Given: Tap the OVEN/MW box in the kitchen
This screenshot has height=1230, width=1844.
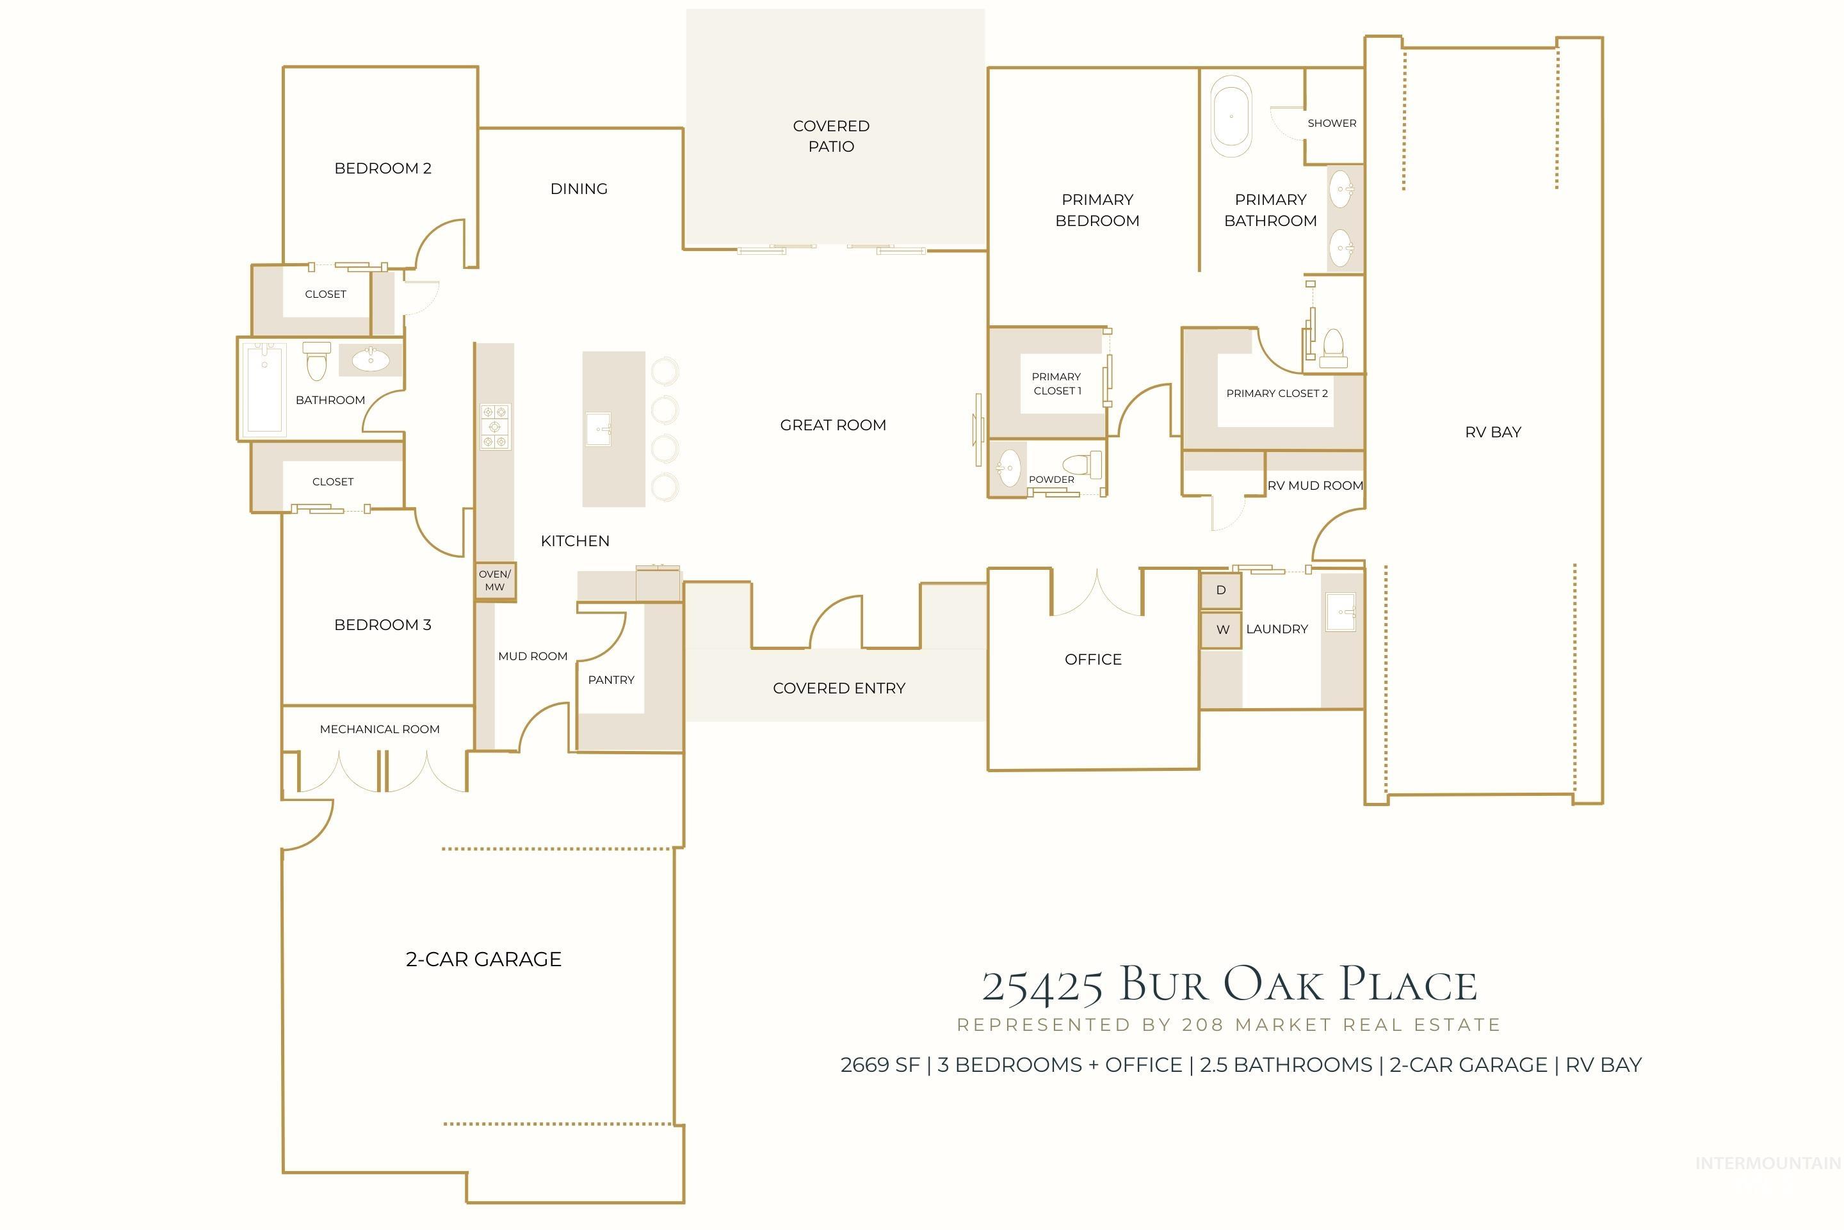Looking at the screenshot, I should (x=495, y=581).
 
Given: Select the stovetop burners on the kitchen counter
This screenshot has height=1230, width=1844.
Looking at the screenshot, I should (x=495, y=426).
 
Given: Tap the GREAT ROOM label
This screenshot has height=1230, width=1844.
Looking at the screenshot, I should (x=832, y=425).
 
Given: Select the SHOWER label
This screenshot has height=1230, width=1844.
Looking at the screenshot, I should (x=1331, y=123).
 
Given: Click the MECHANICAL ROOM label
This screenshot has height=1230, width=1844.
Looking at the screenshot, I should (x=380, y=729).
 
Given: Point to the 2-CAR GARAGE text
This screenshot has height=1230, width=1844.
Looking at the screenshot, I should (x=483, y=959).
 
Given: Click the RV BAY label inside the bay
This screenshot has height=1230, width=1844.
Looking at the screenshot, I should (x=1492, y=432).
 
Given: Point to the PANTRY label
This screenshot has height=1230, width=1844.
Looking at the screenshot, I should (x=611, y=680).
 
